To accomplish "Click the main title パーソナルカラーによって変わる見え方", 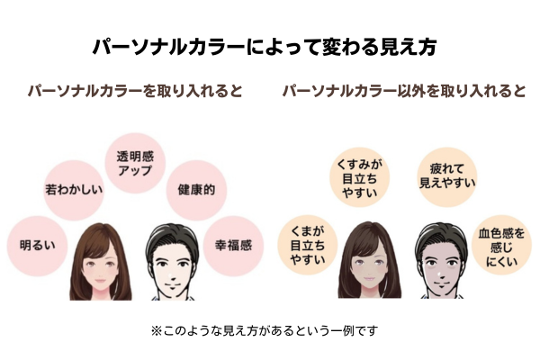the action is click(x=265, y=47).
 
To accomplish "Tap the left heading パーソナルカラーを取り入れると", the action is click(x=135, y=91).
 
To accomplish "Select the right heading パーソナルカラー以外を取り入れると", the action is click(x=404, y=91).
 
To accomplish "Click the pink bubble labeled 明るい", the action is click(x=37, y=246).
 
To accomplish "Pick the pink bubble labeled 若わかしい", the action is click(x=74, y=190).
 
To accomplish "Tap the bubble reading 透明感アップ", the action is click(x=135, y=163).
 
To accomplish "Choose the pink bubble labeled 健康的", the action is click(x=196, y=190).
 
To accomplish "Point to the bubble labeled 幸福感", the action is click(x=233, y=246).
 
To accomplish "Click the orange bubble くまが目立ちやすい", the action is click(x=308, y=245).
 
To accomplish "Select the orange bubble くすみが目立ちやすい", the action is click(x=359, y=178).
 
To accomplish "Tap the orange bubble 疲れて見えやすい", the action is click(x=447, y=177).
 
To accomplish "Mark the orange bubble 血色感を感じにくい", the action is click(x=501, y=245).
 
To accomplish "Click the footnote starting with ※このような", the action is click(x=265, y=331).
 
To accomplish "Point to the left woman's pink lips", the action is click(x=100, y=280).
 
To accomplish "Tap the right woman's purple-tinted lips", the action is click(x=369, y=278).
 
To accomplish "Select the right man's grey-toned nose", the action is click(x=440, y=271).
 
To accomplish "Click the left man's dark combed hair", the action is click(x=172, y=238).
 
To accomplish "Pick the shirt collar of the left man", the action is click(x=173, y=298).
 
